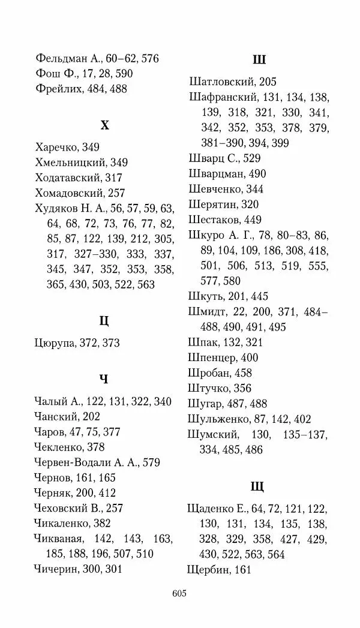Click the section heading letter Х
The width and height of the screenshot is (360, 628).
coord(104,125)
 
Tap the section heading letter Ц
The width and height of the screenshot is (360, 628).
coord(104,320)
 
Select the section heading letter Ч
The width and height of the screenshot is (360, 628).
coord(104,378)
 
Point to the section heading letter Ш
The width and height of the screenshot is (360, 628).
coord(259,59)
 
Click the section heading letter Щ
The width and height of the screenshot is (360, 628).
coord(259,486)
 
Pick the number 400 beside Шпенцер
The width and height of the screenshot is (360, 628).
coord(249,357)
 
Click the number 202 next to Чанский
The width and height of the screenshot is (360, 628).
coord(88,416)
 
